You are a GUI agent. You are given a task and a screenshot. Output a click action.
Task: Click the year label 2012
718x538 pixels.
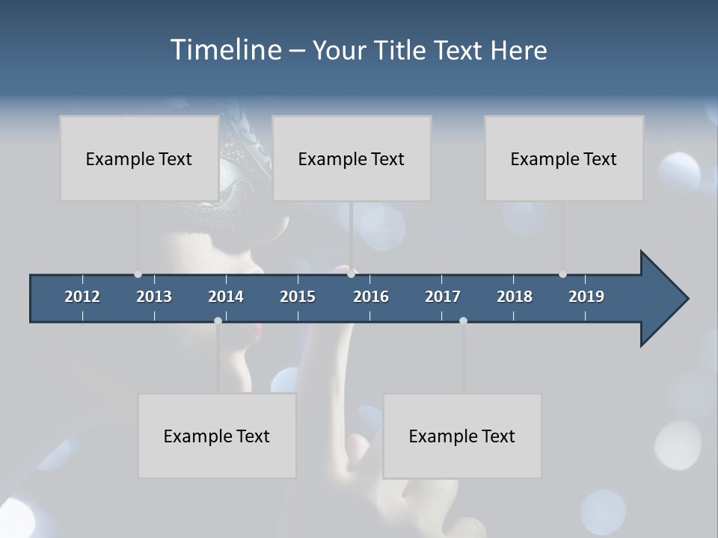(82, 297)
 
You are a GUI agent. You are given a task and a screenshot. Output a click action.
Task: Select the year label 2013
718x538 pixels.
(154, 297)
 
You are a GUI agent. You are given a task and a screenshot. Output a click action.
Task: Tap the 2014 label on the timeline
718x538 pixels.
(226, 297)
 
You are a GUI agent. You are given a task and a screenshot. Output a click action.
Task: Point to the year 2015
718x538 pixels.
(298, 297)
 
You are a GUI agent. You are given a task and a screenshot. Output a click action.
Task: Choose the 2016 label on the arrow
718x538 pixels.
(371, 297)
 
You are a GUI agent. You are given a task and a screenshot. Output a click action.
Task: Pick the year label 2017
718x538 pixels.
(443, 297)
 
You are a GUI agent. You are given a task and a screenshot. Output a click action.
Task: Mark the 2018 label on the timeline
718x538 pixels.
(515, 297)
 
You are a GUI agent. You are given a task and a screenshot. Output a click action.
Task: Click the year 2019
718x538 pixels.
(586, 297)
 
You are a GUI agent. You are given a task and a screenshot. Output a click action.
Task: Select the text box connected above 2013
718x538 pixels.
(139, 158)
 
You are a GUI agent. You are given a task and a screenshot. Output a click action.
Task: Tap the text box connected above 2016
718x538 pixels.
(352, 158)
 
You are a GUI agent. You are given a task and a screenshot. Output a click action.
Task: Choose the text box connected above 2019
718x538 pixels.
(564, 158)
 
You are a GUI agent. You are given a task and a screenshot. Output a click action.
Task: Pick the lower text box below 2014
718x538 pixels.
(217, 436)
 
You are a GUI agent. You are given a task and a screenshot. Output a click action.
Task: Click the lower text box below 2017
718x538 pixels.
(462, 436)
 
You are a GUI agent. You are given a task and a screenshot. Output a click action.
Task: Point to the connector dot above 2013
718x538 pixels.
(138, 274)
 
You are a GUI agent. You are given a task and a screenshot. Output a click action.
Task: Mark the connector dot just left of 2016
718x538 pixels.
(352, 274)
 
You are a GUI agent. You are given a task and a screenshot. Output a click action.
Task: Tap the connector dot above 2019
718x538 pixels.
(562, 274)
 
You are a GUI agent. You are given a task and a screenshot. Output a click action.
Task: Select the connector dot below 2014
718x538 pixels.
(218, 321)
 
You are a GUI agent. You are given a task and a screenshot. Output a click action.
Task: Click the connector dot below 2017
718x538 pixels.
(463, 321)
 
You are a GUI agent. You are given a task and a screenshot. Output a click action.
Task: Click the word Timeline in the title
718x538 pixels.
(225, 50)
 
